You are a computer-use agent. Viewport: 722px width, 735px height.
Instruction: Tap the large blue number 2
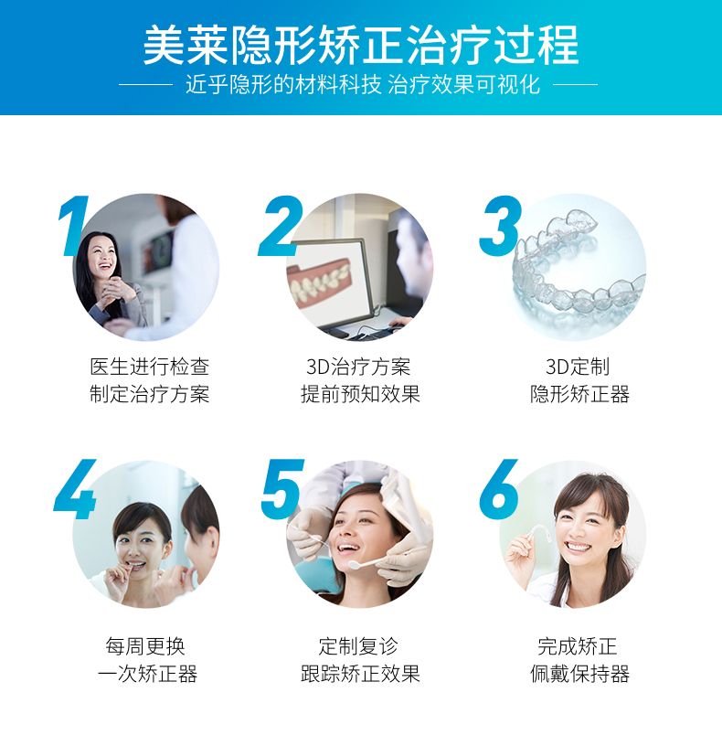tap(281, 226)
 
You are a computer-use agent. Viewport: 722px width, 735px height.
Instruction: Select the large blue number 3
tap(501, 226)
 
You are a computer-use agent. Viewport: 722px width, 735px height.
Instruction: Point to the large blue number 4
tap(76, 489)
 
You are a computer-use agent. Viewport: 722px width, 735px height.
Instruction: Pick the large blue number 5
tap(282, 489)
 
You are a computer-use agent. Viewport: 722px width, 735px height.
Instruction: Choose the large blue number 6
tap(499, 489)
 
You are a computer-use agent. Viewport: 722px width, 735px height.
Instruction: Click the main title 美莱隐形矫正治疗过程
tap(361, 46)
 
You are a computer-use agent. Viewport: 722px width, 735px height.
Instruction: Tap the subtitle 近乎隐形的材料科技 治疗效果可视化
tap(363, 85)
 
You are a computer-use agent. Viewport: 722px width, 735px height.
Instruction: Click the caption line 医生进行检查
tap(150, 367)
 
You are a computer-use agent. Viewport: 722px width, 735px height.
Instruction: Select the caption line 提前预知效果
tap(360, 394)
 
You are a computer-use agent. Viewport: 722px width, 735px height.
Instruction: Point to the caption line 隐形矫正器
tap(579, 394)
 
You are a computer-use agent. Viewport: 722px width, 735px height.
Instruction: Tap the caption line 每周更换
tap(145, 646)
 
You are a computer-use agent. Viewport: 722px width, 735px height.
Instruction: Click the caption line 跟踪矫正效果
tap(360, 674)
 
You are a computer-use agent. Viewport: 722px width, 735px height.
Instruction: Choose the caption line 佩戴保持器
tap(579, 674)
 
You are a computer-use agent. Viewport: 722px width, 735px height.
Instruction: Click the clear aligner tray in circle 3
tap(579, 266)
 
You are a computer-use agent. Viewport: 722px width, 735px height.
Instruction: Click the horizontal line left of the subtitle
tap(145, 85)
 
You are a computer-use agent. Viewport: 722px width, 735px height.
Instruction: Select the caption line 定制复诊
tap(358, 646)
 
